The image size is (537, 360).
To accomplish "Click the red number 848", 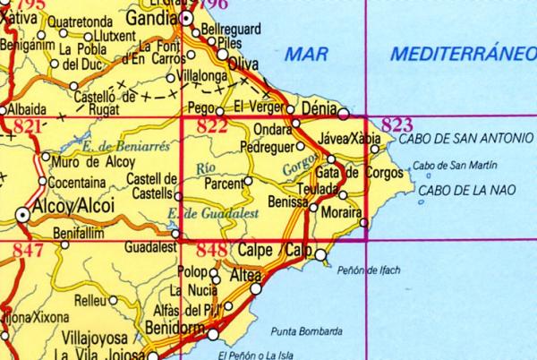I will tap(211, 251).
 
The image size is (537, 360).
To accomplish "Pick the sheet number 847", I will tap(28, 251).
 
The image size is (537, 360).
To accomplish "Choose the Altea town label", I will tap(245, 276).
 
